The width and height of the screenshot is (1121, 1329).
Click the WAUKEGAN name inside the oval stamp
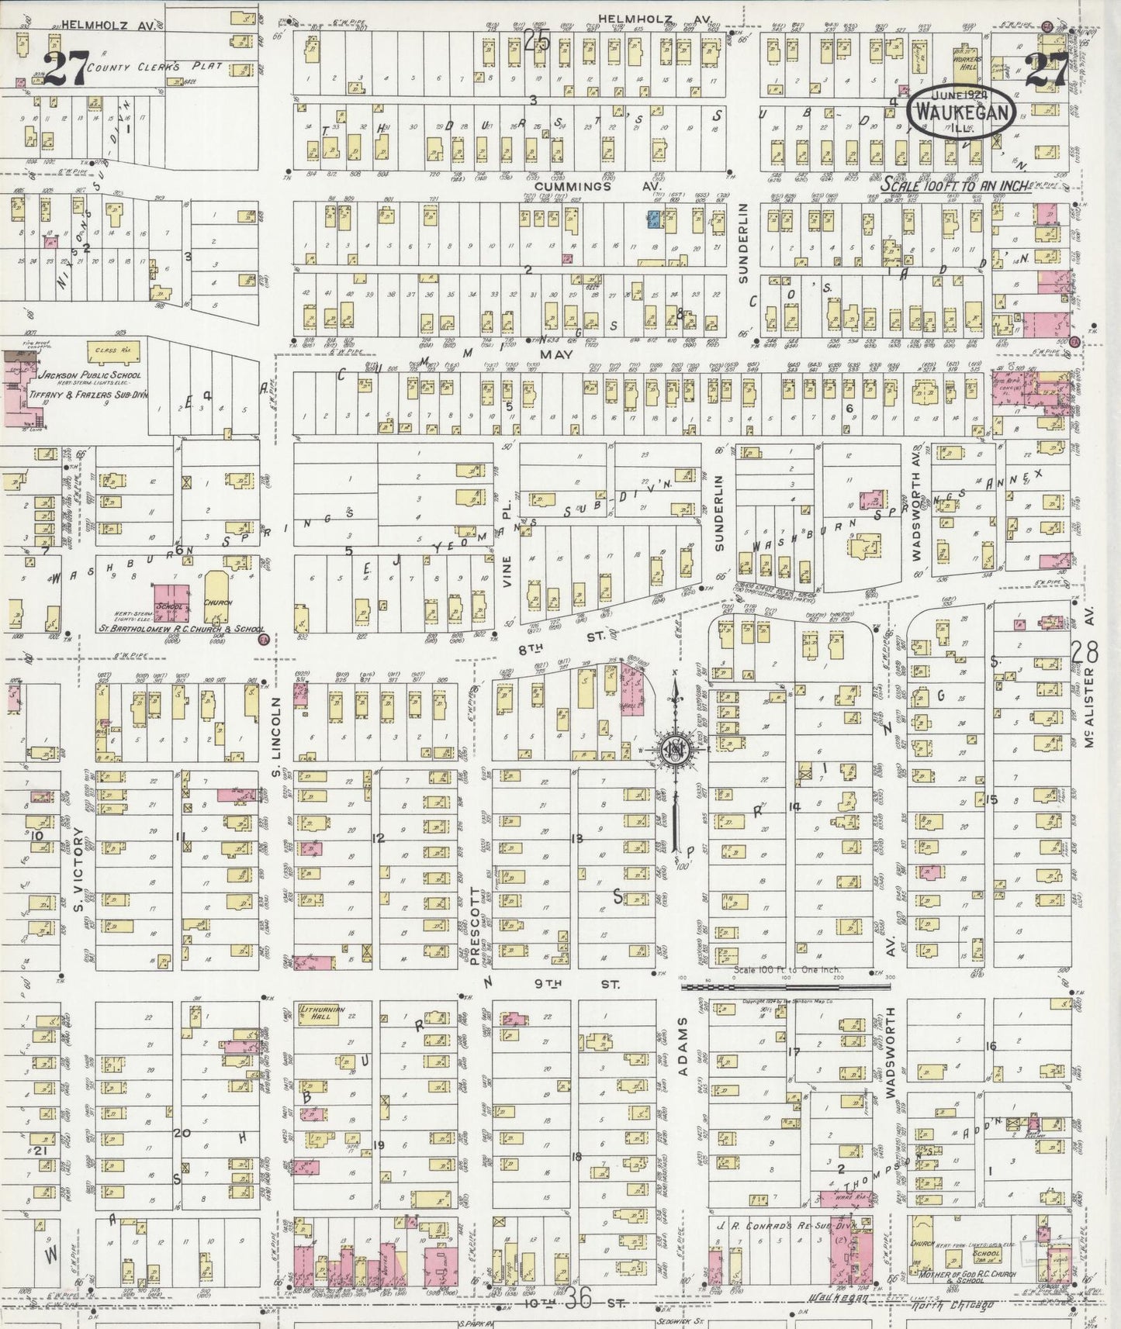(963, 112)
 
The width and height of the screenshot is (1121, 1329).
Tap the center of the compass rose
(673, 750)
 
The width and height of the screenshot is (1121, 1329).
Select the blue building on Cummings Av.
(653, 219)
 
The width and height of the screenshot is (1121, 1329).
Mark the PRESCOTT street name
(476, 914)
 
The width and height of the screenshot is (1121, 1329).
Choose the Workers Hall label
(968, 64)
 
